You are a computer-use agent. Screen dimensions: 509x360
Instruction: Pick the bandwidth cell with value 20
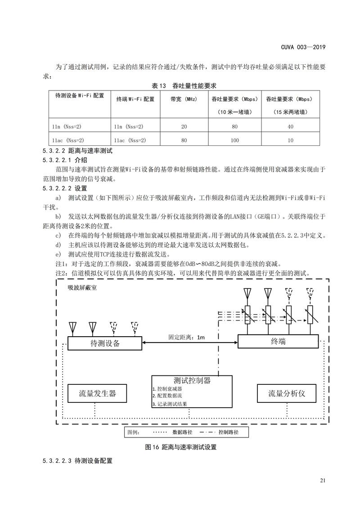click(184, 126)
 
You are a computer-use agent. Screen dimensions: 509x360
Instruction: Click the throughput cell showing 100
click(234, 140)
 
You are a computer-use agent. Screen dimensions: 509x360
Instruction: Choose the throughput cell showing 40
click(290, 126)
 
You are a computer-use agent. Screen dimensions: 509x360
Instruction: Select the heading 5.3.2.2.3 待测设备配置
click(77, 461)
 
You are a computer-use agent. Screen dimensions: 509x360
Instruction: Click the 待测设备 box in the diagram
click(105, 343)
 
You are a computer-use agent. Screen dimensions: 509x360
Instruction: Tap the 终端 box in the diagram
click(278, 341)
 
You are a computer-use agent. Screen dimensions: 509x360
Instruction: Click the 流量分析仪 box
click(287, 393)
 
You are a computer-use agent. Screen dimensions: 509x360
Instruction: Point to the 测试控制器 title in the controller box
click(192, 380)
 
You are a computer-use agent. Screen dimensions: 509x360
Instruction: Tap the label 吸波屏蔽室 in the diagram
click(82, 287)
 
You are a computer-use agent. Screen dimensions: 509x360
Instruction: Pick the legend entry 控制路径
click(228, 432)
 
